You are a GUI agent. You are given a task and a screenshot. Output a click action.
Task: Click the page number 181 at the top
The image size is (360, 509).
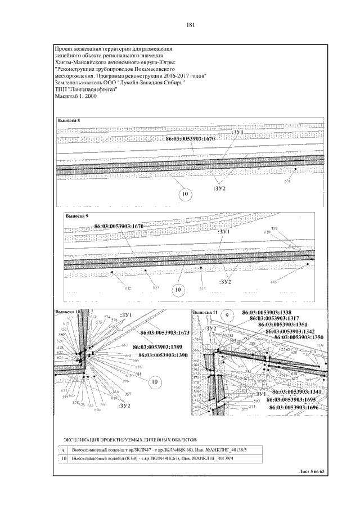pos(190,25)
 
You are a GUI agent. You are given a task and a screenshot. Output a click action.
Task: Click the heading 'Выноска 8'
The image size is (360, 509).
pos(70,121)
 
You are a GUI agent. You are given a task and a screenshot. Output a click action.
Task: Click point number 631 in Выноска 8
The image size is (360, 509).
pos(288,181)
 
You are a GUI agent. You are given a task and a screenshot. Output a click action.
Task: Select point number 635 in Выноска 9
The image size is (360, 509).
pos(274,282)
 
